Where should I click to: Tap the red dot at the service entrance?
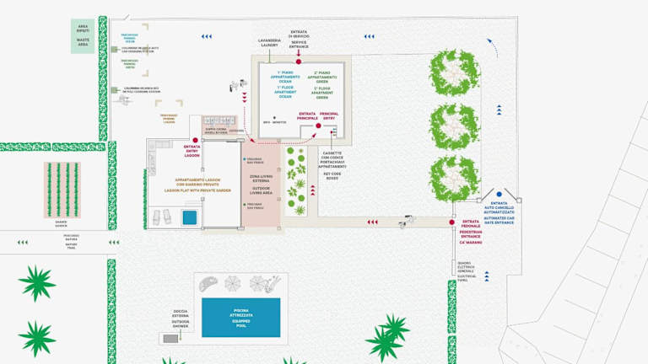tap(299, 61)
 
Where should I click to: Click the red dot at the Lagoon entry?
tap(196, 140)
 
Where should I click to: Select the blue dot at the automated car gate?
tap(499, 195)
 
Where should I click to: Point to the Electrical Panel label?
tap(467, 270)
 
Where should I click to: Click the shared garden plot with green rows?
tap(62, 190)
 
